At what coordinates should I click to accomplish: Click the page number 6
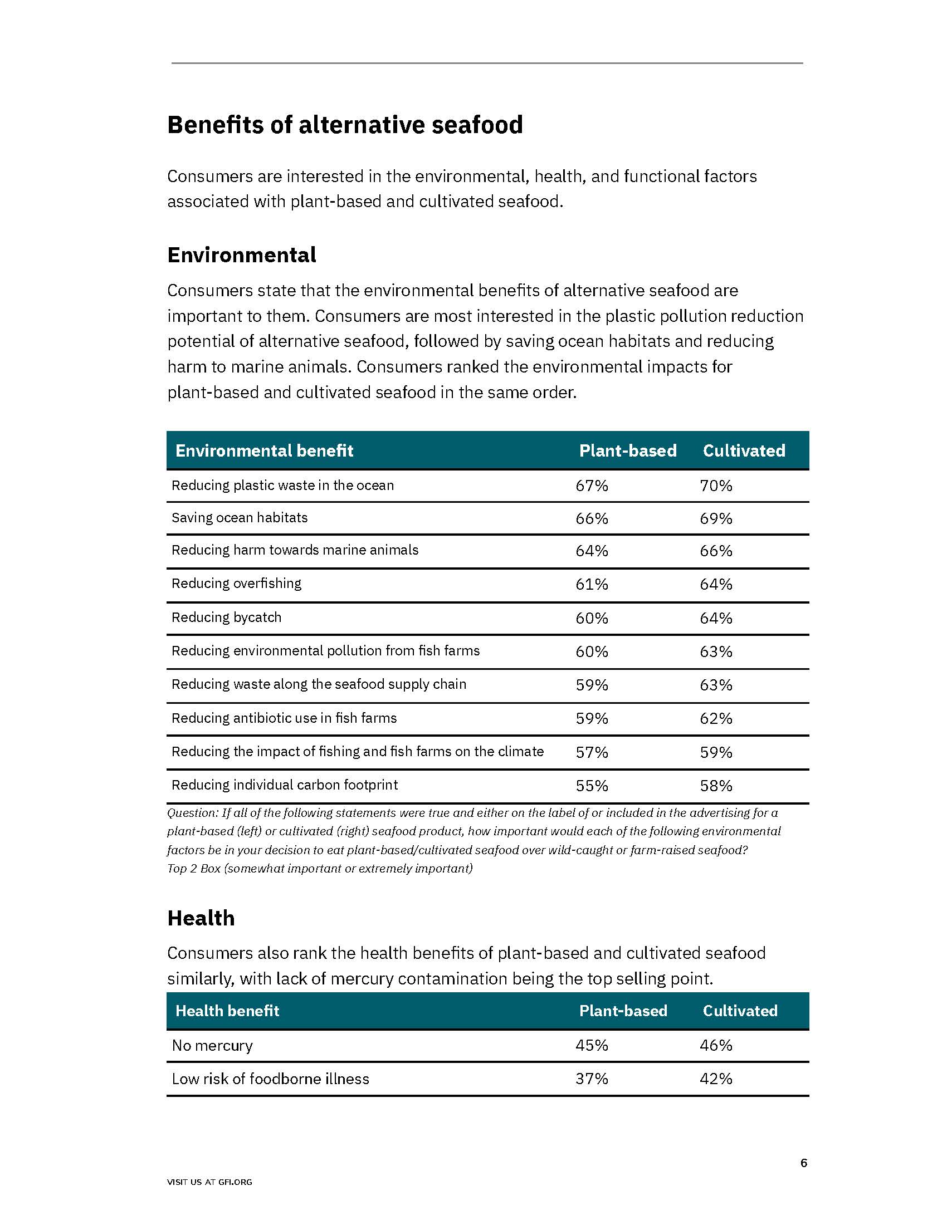[x=803, y=1163]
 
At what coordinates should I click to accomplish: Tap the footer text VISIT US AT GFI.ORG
[x=209, y=1182]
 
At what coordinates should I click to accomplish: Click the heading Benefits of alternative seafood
[x=344, y=125]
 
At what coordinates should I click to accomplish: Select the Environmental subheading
[x=241, y=255]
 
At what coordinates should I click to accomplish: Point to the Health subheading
[x=201, y=918]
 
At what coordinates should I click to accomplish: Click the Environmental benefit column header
[x=264, y=450]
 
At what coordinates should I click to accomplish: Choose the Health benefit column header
[x=227, y=1011]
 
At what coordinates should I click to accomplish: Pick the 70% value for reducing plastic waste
[x=716, y=486]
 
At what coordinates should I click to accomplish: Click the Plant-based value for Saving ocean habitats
[x=592, y=518]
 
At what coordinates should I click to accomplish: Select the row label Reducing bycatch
[x=226, y=618]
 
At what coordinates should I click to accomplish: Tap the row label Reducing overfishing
[x=236, y=584]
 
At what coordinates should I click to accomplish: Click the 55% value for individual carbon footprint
[x=592, y=786]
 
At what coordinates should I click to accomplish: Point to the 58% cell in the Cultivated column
[x=716, y=786]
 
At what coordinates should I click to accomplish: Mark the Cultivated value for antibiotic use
[x=716, y=718]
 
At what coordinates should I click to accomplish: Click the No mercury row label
[x=212, y=1046]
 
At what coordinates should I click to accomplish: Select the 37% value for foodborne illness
[x=592, y=1079]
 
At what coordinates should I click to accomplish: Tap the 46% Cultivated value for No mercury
[x=716, y=1046]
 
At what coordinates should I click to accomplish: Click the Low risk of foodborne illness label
[x=270, y=1079]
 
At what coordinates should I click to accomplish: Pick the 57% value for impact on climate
[x=592, y=752]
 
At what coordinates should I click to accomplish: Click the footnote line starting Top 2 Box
[x=320, y=868]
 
